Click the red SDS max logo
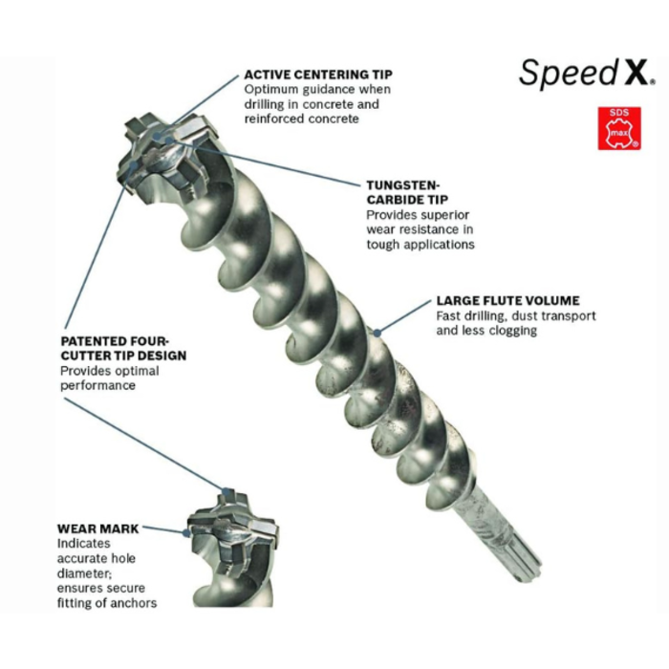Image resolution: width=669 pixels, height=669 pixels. coord(618,128)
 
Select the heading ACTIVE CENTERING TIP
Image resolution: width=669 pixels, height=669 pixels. coord(317,74)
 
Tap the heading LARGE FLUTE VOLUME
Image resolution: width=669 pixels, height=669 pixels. coord(507,300)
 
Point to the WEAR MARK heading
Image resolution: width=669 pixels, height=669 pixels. coord(97,529)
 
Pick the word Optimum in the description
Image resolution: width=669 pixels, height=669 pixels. coord(271,89)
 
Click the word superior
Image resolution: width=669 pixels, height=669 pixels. coord(446,215)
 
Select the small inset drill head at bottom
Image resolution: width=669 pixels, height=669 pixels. coord(229,535)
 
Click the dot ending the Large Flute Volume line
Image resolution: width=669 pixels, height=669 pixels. coord(377,333)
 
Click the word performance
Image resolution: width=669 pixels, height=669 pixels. coord(97,385)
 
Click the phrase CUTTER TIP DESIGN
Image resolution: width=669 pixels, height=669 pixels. coord(123,356)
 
